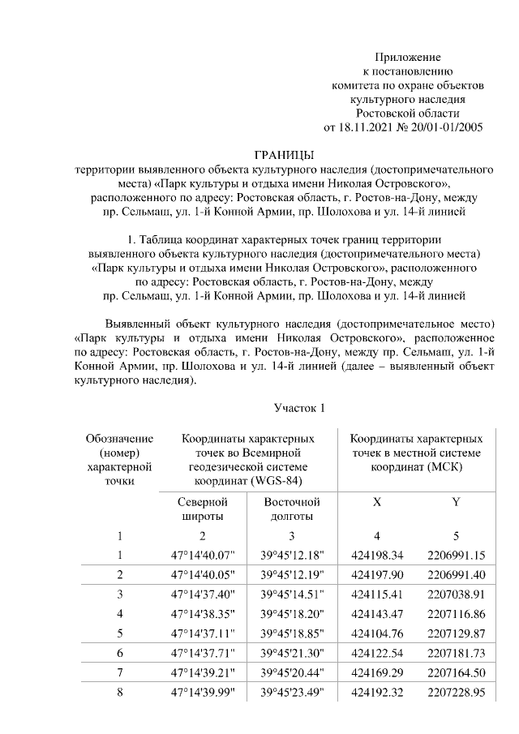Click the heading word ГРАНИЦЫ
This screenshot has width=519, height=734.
285,155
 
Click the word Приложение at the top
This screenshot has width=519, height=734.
407,57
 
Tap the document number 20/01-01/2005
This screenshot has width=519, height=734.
444,127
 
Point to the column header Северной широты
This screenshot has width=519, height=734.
202,509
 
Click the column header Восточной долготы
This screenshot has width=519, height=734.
292,509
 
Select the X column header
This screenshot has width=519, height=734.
376,502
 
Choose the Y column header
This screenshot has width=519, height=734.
456,502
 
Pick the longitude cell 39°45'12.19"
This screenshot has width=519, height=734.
292,574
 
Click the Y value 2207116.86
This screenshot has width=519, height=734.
456,613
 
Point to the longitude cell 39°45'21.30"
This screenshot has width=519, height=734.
292,652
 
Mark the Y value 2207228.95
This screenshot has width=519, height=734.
456,691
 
